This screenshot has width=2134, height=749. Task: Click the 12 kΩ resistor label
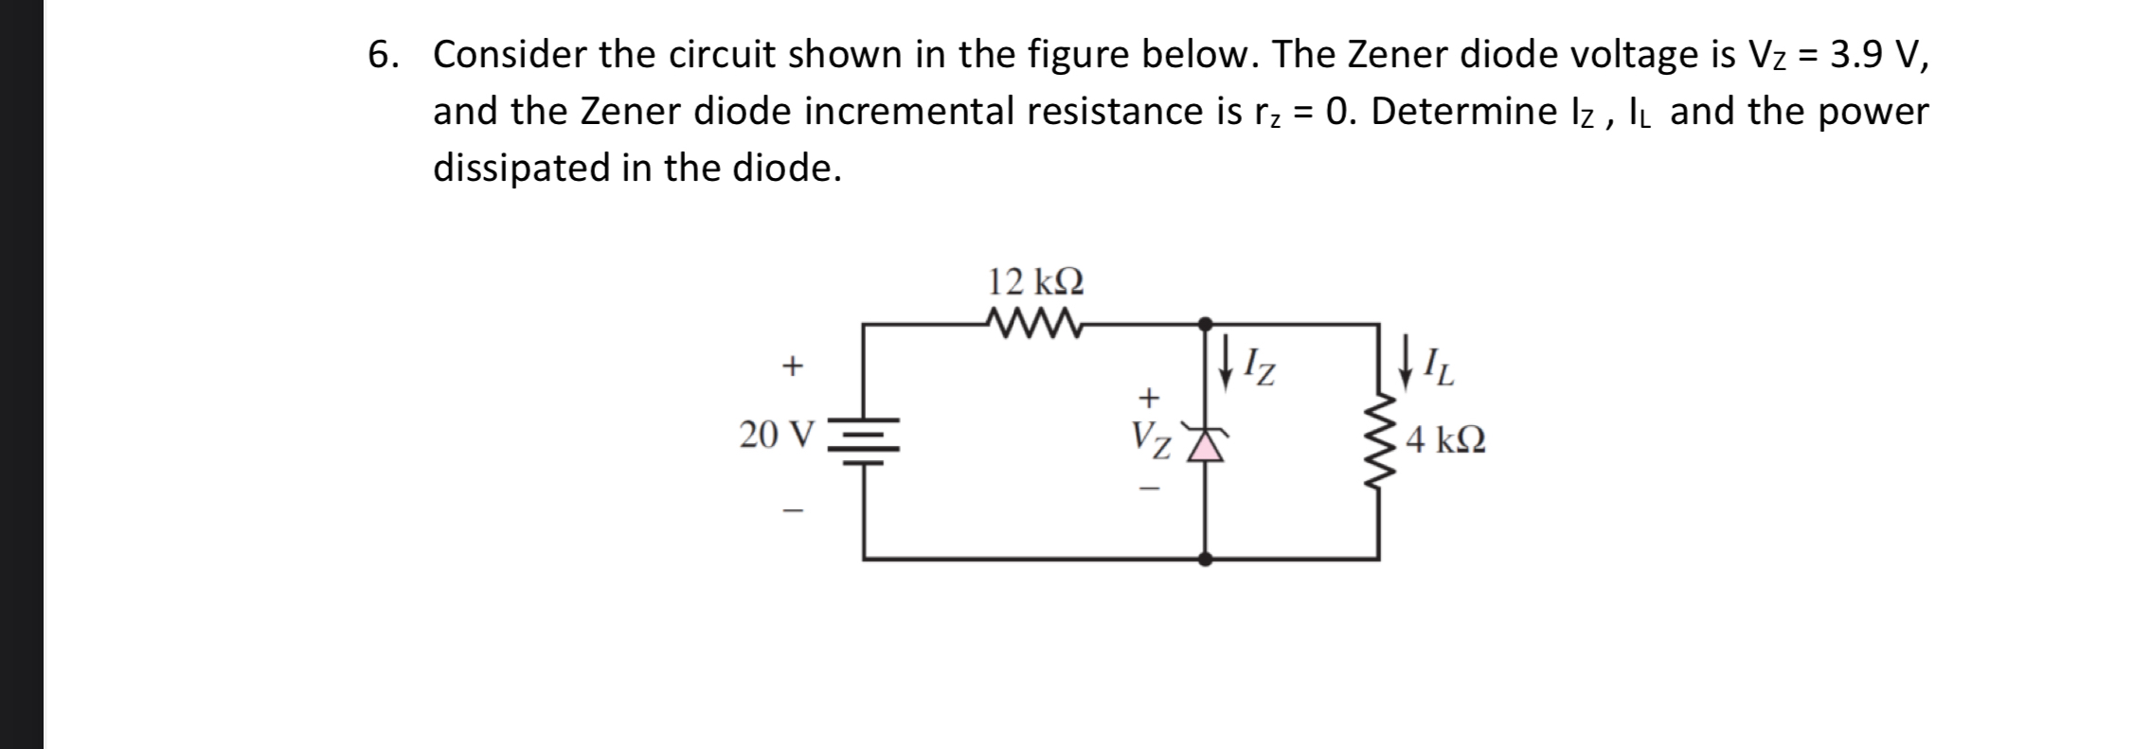[1035, 281]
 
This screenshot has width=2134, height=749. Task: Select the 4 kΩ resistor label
[1445, 439]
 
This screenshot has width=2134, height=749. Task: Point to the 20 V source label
[776, 434]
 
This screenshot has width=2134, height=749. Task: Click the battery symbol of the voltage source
[862, 441]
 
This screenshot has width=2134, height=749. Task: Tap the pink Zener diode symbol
[1205, 442]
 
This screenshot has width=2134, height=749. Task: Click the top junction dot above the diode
[1205, 324]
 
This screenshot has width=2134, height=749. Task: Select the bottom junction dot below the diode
[1205, 559]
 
